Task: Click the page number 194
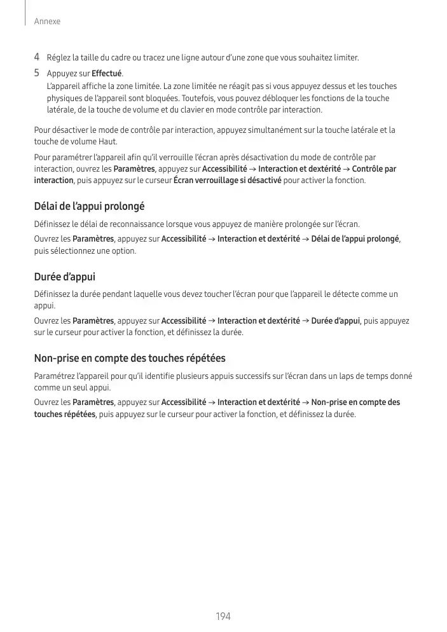coord(223,616)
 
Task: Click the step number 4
coord(37,58)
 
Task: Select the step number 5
coord(37,72)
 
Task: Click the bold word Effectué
coord(107,73)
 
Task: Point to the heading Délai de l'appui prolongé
coord(89,207)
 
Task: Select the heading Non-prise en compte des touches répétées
coord(129,358)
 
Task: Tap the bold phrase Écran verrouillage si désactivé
coord(227,181)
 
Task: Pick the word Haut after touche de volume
coord(107,141)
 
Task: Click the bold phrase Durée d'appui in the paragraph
coord(335,320)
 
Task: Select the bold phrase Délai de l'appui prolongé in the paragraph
coord(355,239)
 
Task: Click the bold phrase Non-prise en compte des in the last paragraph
coord(355,402)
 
